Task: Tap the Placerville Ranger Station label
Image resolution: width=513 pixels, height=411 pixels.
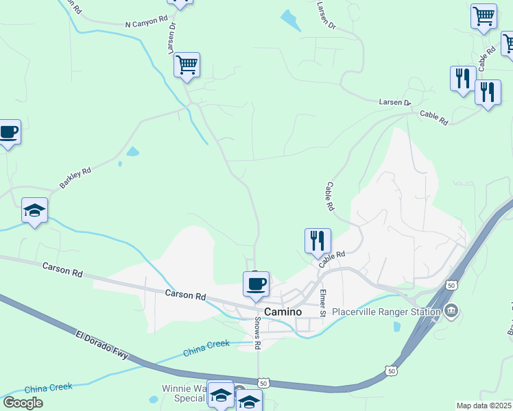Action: [x=385, y=312]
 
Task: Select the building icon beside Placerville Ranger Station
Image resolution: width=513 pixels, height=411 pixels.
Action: [x=451, y=312]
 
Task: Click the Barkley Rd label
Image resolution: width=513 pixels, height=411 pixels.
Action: [x=75, y=179]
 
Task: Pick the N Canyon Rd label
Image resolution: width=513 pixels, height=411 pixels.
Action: [x=146, y=23]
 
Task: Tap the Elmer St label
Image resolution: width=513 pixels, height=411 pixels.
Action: [x=322, y=303]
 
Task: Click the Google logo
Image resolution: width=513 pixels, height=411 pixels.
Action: [x=23, y=402]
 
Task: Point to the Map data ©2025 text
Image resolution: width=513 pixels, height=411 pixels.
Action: [x=484, y=406]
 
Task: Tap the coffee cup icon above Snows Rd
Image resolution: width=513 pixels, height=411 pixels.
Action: [x=256, y=284]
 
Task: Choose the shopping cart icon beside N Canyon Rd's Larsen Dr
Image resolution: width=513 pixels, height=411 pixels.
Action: [x=187, y=65]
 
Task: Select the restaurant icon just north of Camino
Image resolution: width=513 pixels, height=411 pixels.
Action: [x=318, y=240]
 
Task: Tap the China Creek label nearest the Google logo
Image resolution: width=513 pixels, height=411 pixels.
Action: [x=48, y=388]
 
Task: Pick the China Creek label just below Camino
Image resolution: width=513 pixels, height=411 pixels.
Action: [x=206, y=349]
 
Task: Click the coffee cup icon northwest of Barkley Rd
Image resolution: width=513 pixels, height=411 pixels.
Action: [x=9, y=132]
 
